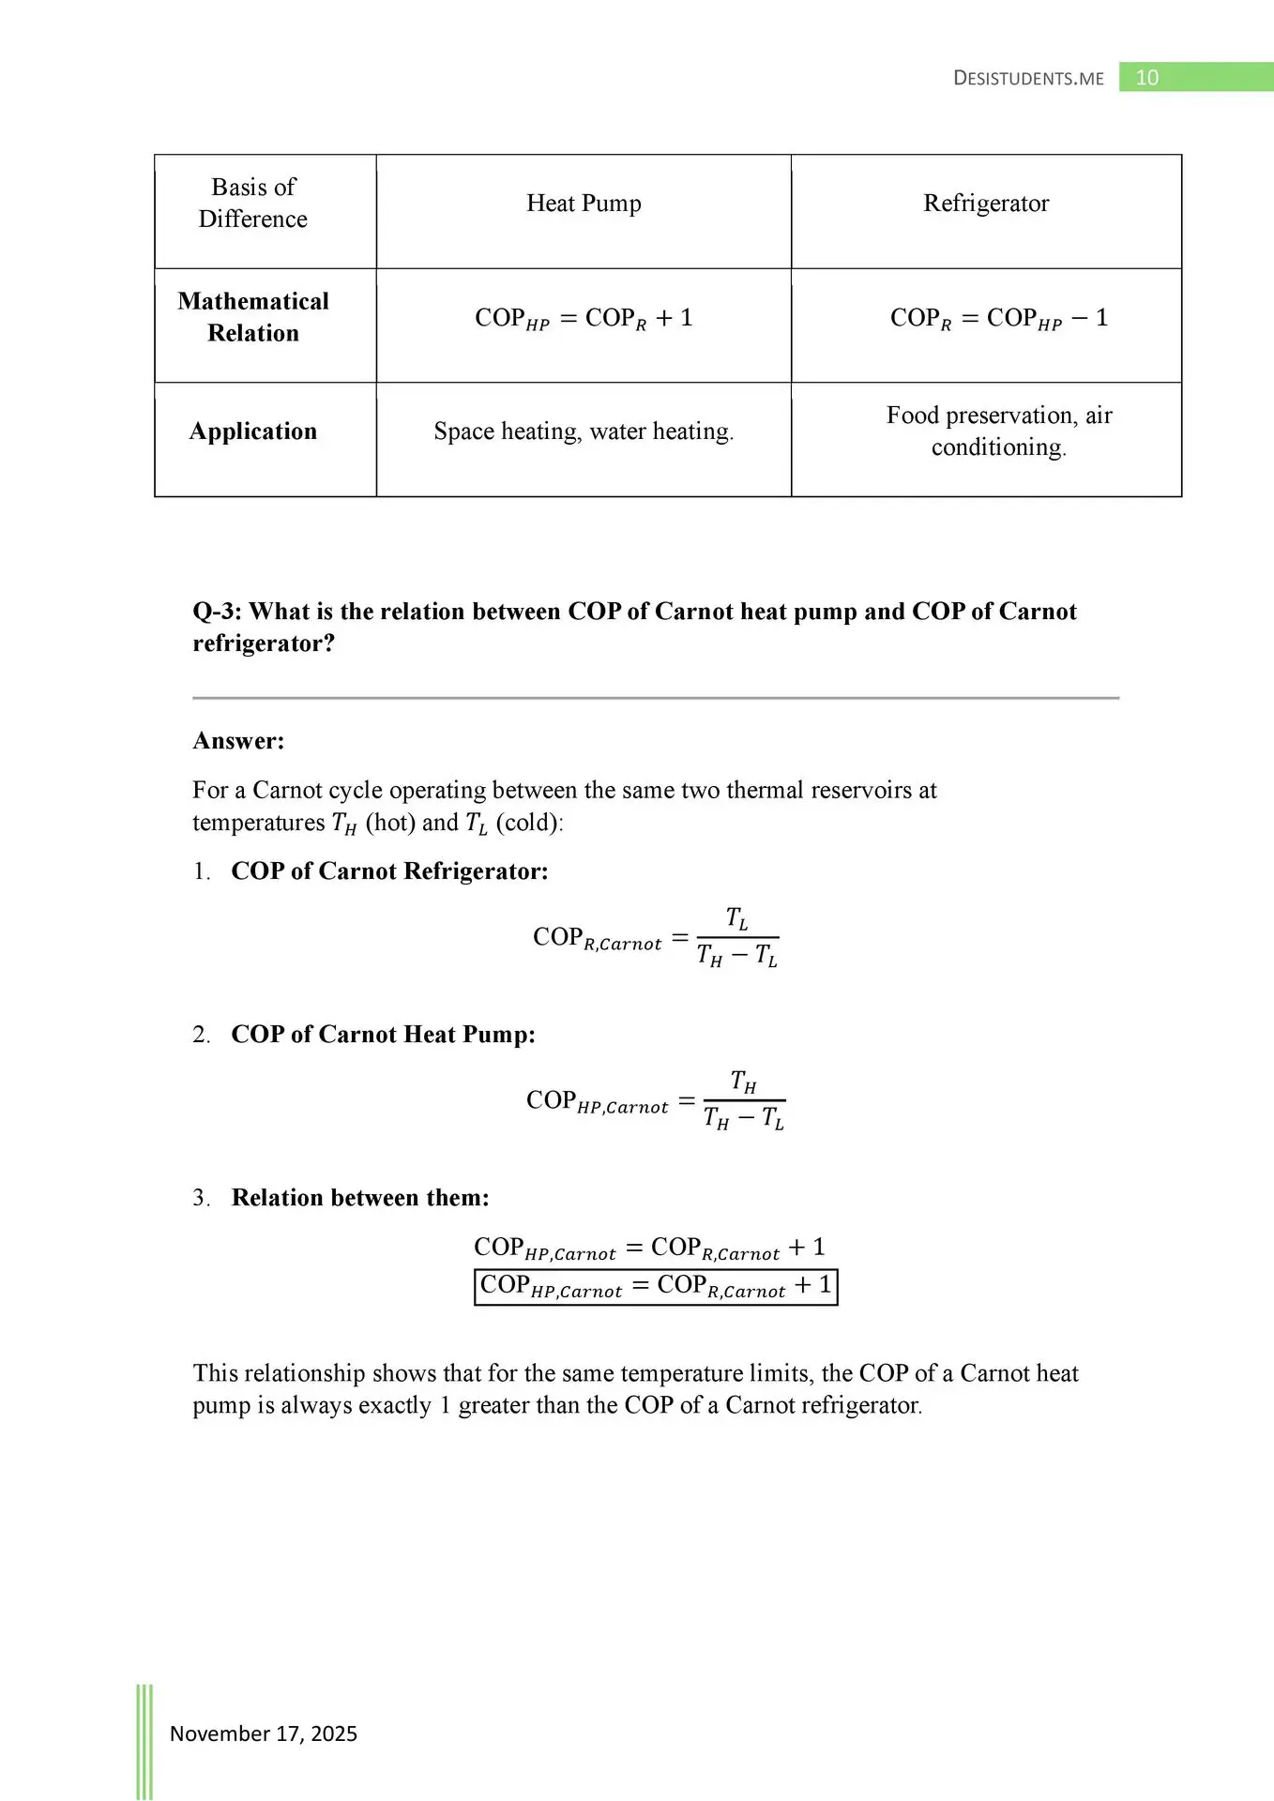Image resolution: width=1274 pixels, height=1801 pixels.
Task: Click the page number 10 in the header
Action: [x=1146, y=78]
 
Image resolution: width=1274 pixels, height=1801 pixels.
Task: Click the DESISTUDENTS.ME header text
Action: [x=1028, y=79]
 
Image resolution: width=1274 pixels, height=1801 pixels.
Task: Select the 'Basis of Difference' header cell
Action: [x=253, y=203]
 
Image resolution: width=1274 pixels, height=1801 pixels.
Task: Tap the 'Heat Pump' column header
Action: [x=584, y=204]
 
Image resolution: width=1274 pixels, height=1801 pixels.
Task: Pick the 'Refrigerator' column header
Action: [x=986, y=204]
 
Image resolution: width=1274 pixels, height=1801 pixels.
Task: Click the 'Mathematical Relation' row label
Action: [x=253, y=317]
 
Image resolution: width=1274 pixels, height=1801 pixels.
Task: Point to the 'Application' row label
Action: [x=253, y=431]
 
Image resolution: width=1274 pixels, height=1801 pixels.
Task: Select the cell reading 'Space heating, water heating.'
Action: [x=584, y=431]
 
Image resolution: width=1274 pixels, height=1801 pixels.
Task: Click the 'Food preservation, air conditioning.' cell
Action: [x=998, y=431]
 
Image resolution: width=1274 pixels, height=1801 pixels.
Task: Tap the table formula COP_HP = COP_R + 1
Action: [x=584, y=319]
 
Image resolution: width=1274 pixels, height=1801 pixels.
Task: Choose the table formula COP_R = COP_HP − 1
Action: [x=998, y=319]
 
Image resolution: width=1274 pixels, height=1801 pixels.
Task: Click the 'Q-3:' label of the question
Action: [x=217, y=612]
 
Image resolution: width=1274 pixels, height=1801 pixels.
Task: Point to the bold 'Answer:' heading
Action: [x=238, y=741]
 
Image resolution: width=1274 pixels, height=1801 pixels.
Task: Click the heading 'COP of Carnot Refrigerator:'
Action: [x=389, y=871]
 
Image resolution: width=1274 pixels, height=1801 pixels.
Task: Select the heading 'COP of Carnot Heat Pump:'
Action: [x=383, y=1035]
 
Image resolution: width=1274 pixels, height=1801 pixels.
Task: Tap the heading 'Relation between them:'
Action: [x=360, y=1198]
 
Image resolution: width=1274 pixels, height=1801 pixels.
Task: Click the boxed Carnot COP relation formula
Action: [x=655, y=1286]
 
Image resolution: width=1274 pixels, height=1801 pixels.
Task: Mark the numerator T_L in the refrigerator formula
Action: [x=737, y=918]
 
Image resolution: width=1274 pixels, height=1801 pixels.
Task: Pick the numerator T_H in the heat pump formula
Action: [x=743, y=1082]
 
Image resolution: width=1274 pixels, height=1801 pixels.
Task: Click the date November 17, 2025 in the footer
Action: [x=264, y=1733]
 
